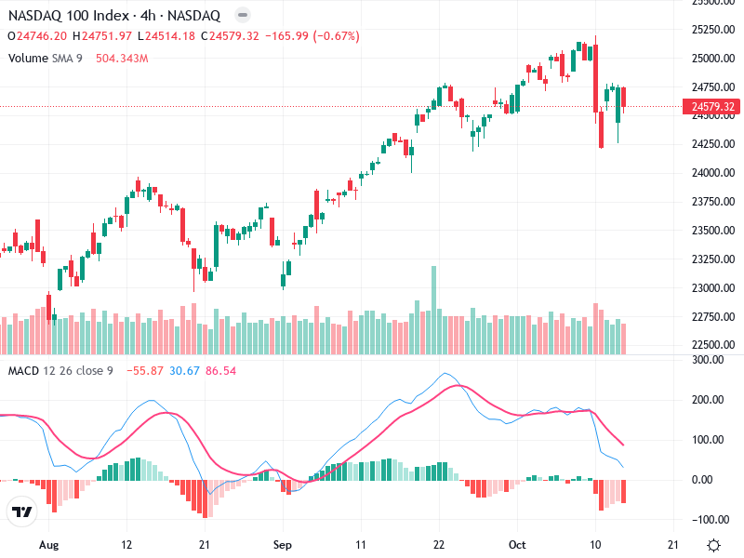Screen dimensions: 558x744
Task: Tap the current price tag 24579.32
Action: (714, 107)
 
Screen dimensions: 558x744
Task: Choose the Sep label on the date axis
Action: (285, 545)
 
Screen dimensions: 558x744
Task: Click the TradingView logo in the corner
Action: (21, 512)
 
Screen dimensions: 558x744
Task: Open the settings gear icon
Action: (713, 545)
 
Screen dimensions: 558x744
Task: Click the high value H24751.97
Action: (106, 36)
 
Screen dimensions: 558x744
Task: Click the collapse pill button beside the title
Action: (243, 16)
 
